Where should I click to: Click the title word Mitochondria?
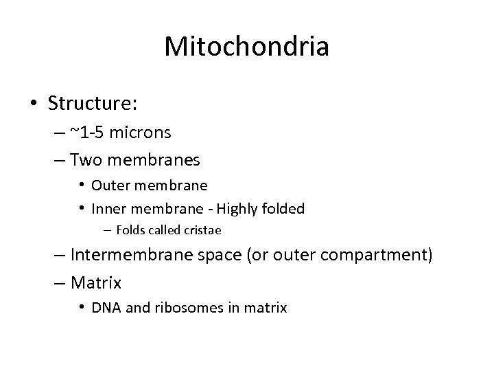(x=247, y=47)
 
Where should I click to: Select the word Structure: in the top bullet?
(x=93, y=103)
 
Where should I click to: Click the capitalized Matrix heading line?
(x=95, y=282)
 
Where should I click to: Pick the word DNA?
(x=104, y=308)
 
